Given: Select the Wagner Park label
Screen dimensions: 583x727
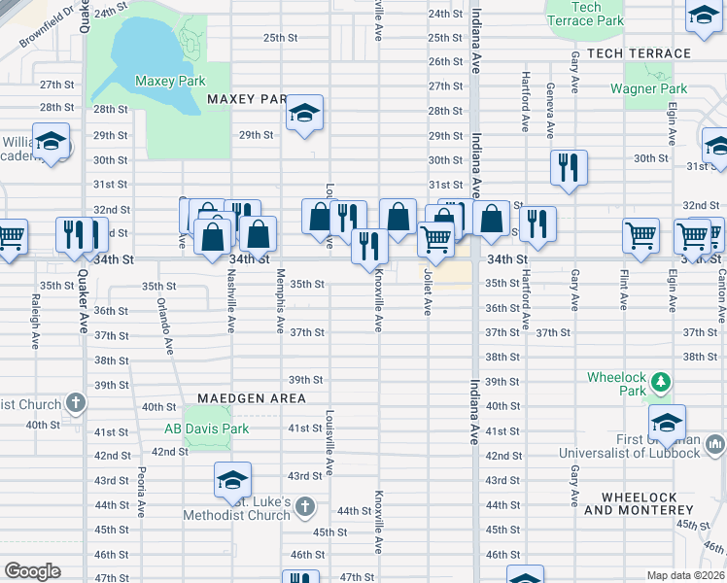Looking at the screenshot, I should (x=648, y=89).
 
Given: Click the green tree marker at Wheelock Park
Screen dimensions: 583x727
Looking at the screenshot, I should (x=659, y=379).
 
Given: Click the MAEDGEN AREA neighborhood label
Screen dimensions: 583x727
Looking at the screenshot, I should (x=252, y=398).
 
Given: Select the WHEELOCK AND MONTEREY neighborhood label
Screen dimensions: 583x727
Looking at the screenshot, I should (x=639, y=503).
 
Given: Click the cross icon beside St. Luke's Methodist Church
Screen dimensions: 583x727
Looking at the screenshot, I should (x=304, y=505).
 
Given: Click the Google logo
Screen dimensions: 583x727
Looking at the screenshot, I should (x=32, y=571).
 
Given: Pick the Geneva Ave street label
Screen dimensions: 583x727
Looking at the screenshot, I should (x=550, y=110).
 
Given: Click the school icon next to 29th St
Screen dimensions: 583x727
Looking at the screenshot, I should (x=304, y=115).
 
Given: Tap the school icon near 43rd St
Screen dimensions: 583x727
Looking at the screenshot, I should (x=232, y=479).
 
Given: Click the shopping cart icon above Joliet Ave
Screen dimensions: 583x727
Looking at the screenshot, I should (x=435, y=236).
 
